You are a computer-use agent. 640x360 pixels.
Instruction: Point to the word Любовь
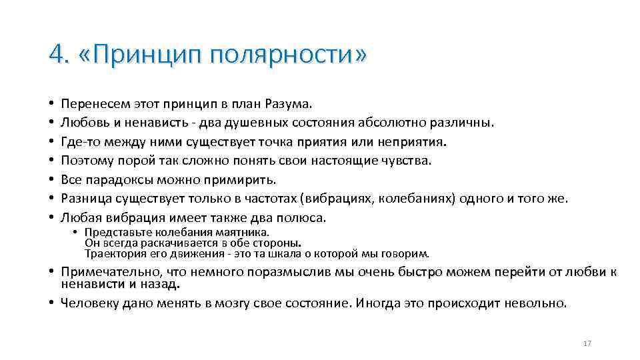pos(80,123)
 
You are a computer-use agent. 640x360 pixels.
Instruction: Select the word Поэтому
pos(83,161)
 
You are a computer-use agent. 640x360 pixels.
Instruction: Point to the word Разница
pos(82,199)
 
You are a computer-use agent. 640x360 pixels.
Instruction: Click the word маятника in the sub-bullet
pos(246,232)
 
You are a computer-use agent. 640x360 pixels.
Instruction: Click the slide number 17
pos(587,343)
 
